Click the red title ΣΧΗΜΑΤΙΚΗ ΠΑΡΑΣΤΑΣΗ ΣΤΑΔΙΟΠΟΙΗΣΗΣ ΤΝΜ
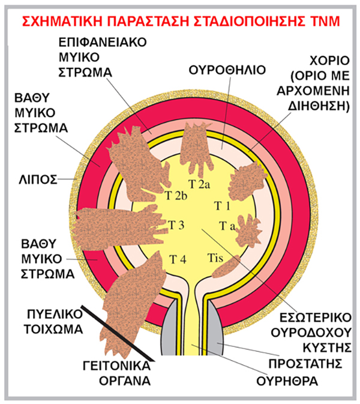[x=180, y=22]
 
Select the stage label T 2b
[x=176, y=196]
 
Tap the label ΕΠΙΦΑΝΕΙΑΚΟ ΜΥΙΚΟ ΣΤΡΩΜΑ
[x=95, y=58]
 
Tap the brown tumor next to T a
[x=245, y=232]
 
